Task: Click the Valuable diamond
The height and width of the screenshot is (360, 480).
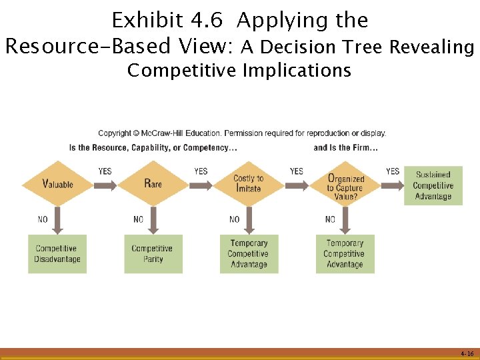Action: coord(57,183)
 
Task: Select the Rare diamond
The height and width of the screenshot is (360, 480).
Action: coord(153,183)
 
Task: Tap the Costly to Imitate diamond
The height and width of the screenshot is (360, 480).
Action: coord(249,183)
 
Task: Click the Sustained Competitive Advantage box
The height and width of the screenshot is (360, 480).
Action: coord(433,185)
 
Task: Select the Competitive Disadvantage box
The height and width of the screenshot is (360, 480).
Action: coord(57,253)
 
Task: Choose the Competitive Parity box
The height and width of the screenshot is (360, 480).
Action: coord(153,253)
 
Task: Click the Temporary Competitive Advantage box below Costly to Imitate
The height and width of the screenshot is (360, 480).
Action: coord(249,253)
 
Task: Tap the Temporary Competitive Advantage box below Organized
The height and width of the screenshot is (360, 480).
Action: coord(345,253)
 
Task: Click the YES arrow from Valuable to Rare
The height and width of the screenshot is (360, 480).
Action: coord(105,184)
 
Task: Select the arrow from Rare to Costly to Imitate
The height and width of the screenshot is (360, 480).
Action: coord(201,184)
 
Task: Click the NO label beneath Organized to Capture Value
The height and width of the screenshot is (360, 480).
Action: coord(330,219)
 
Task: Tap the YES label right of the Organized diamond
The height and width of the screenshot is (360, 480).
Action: coord(393,171)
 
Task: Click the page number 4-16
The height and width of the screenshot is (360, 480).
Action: coord(466,353)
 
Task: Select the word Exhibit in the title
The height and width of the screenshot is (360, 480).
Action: coord(139,21)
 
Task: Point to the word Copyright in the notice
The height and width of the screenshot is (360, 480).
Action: coord(114,133)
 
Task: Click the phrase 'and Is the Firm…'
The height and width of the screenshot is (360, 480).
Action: coord(345,147)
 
